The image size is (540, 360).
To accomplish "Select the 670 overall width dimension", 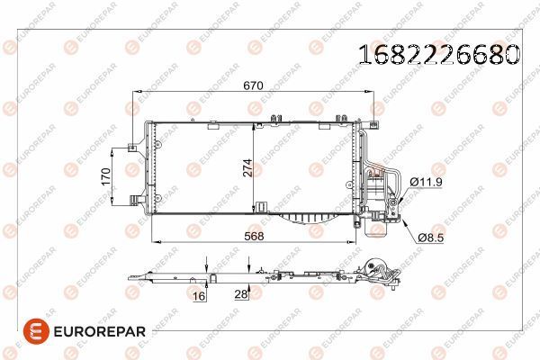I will click(253, 85).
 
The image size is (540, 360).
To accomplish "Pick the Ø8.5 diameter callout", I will click(432, 237).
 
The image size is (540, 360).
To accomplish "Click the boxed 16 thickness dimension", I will click(198, 293).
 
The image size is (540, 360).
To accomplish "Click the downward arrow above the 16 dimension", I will click(208, 263).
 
